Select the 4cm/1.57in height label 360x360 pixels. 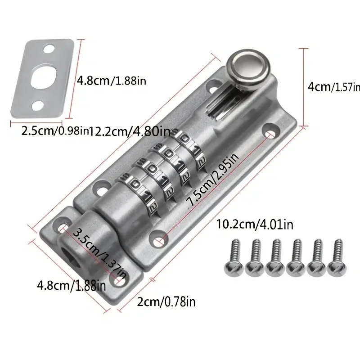pyautogui.click(x=334, y=87)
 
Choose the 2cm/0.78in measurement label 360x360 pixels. pyautogui.click(x=166, y=301)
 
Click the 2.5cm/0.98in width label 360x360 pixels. pyautogui.click(x=54, y=131)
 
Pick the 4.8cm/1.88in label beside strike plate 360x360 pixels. pyautogui.click(x=111, y=81)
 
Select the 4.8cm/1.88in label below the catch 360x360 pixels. pyautogui.click(x=72, y=286)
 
